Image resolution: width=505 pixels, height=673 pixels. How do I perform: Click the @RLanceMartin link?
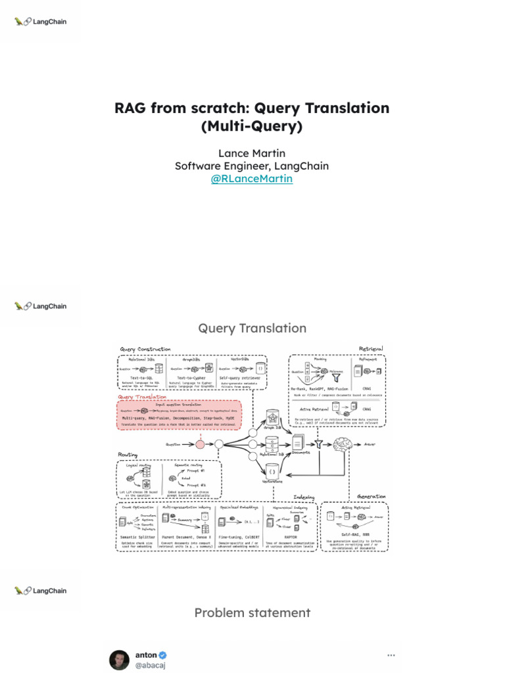coord(252,179)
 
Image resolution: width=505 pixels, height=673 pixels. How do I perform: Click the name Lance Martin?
coord(252,153)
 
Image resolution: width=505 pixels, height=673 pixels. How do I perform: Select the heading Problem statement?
coord(252,613)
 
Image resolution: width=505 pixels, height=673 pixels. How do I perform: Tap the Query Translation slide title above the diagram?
coord(252,328)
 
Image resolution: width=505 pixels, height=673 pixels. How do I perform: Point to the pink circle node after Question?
coord(201,444)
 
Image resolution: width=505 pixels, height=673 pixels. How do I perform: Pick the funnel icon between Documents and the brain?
coord(320,444)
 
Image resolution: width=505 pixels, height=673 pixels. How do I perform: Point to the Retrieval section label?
coord(371,348)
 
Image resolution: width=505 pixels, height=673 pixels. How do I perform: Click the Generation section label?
coord(371,496)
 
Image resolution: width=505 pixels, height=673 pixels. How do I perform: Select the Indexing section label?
coord(304,496)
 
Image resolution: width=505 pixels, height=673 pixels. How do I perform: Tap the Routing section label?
coord(128,455)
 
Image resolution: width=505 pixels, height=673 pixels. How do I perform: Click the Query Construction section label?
coord(145,349)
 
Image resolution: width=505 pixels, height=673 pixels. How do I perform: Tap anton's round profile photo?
coord(118,661)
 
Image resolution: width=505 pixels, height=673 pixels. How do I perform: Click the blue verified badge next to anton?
coord(163,655)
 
